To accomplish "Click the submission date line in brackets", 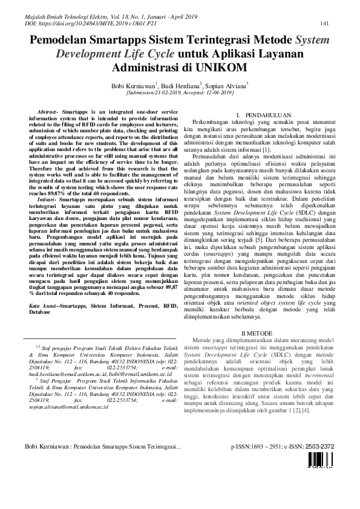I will tap(180, 94).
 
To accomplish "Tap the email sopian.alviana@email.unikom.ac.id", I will tap(68, 408).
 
